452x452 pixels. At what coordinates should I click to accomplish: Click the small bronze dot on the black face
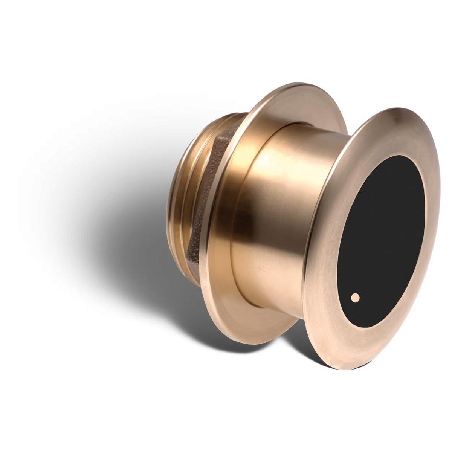coord(354,298)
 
